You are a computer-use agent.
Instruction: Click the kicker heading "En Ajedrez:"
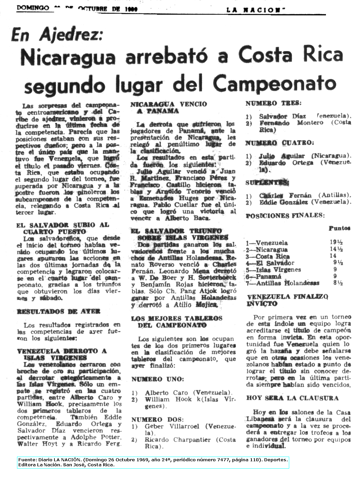click(x=57, y=35)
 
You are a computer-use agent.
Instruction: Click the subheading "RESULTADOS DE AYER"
click(x=58, y=311)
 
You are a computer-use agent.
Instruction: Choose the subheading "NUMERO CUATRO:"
click(x=280, y=143)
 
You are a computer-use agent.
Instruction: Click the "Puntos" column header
click(x=339, y=228)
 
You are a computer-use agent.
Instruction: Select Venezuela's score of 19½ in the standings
click(x=336, y=243)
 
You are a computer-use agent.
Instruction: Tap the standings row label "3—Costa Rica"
click(x=267, y=257)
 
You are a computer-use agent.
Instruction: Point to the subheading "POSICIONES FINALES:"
click(x=285, y=215)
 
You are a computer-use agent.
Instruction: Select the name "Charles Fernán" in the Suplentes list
click(x=285, y=195)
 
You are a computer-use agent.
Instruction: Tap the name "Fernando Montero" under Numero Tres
click(x=291, y=123)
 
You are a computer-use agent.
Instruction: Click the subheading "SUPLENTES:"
click(x=267, y=183)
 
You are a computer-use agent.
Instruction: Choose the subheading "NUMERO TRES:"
click(x=273, y=104)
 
